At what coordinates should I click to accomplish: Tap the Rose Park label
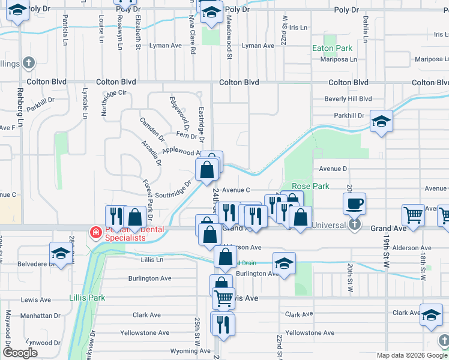(310, 187)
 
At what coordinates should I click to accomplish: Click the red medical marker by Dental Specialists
(95, 232)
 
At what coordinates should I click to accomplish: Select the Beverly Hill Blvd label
(348, 99)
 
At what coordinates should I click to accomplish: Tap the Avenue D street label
(333, 169)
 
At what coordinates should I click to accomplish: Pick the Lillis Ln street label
(152, 260)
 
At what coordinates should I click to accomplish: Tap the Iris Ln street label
(298, 28)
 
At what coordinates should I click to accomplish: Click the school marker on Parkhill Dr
(381, 122)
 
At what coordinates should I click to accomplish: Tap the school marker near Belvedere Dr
(60, 254)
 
